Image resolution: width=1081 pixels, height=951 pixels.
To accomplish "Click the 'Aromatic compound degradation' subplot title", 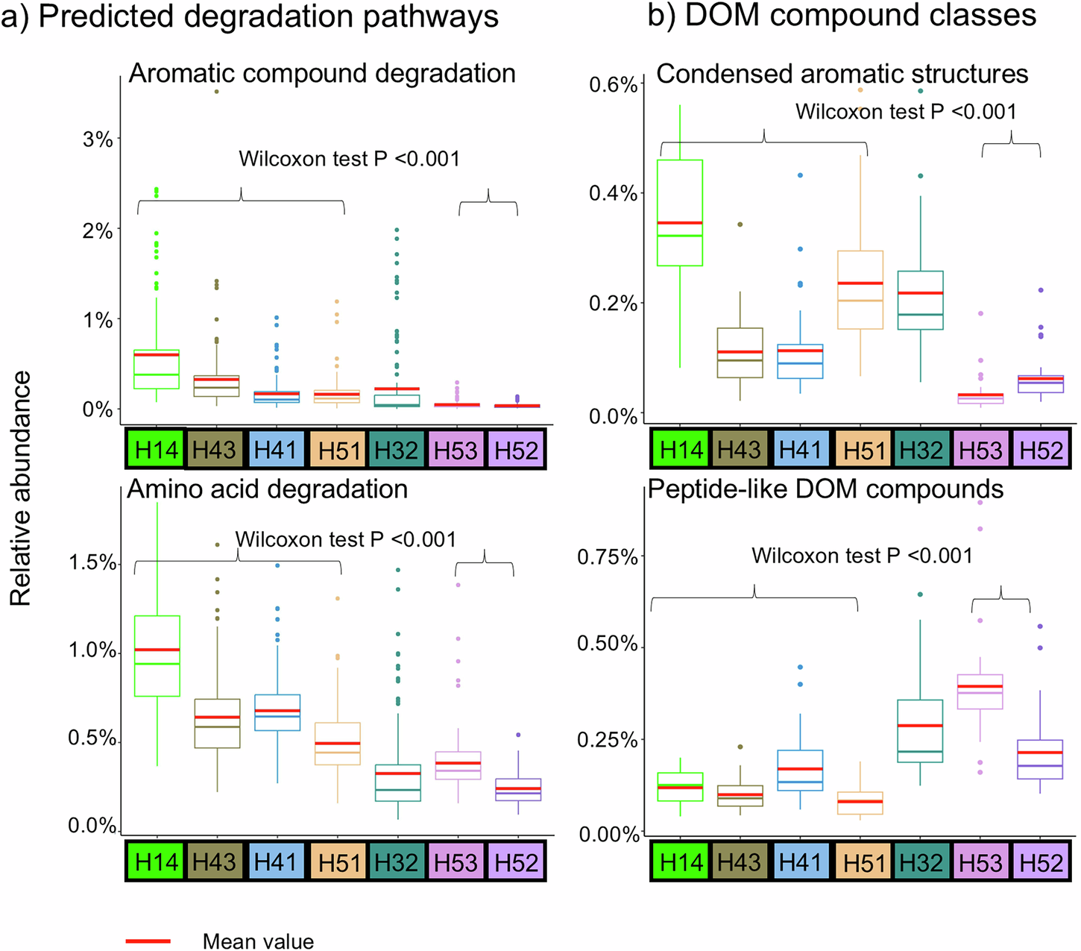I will (322, 74).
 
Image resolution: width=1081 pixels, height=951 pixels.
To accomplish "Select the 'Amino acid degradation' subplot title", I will (268, 489).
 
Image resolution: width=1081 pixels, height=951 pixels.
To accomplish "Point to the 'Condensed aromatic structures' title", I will (842, 74).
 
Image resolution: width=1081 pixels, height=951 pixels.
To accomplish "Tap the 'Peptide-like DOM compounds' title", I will (825, 489).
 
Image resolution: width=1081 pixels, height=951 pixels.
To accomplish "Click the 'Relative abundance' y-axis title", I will (21, 489).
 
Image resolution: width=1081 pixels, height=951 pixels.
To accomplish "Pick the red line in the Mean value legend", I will (148, 941).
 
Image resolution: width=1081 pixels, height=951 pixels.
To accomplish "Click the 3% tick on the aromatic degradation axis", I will (98, 139).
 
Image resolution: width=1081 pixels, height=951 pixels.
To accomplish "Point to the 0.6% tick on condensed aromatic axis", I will (614, 84).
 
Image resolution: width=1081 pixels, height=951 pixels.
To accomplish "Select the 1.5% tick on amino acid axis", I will (92, 562).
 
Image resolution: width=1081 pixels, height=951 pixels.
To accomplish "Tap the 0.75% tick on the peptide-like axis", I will (608, 557).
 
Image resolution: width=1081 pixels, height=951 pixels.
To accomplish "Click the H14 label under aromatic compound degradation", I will (157, 450).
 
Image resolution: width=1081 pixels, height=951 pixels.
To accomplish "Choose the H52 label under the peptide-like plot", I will (1041, 863).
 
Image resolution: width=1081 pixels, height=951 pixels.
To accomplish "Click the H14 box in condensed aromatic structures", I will (681, 213).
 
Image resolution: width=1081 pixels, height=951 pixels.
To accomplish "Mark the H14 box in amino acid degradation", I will (157, 656).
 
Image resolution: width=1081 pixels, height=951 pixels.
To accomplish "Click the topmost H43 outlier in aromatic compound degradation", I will (217, 91).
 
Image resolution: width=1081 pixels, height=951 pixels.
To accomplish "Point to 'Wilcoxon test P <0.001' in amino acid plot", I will (345, 539).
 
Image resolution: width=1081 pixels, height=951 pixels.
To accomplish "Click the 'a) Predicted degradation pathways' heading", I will (250, 16).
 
